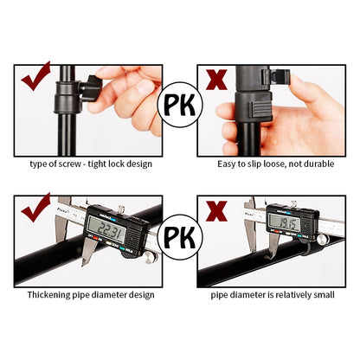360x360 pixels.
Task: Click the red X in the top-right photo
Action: (x=216, y=80)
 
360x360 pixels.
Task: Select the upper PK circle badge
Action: (x=180, y=106)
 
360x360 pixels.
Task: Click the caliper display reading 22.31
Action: (x=106, y=228)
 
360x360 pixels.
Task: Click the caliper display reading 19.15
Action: (x=286, y=224)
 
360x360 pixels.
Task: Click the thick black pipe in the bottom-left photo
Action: (x=52, y=260)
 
